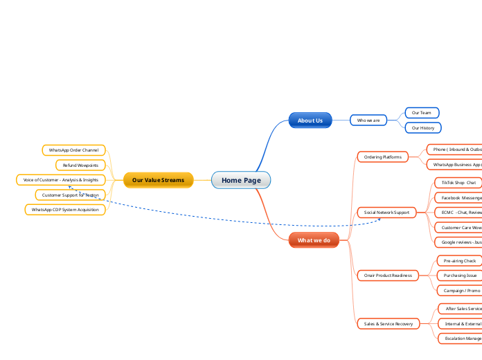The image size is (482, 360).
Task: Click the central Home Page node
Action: (241, 180)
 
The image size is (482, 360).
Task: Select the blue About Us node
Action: (310, 120)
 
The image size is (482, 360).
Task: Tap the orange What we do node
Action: (314, 240)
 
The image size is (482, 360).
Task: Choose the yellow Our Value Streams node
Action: (158, 180)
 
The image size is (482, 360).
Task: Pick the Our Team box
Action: (421, 112)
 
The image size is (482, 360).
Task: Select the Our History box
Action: (422, 127)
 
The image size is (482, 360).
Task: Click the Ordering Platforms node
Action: (383, 157)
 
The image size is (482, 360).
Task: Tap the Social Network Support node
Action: (386, 212)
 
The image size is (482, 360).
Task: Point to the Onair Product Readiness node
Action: (388, 275)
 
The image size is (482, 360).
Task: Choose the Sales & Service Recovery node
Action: (388, 323)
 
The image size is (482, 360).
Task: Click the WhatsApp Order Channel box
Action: (73, 150)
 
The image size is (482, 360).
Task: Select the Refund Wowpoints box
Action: (80, 165)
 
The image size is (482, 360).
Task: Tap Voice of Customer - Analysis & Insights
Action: (61, 179)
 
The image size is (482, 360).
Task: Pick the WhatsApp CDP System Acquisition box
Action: (65, 209)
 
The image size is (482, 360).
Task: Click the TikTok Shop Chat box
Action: (458, 182)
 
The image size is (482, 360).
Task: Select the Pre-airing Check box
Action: (459, 261)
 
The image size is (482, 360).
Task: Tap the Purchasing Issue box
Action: (459, 275)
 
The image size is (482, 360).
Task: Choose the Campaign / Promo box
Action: (461, 290)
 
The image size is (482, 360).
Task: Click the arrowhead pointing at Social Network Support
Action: (379, 219)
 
